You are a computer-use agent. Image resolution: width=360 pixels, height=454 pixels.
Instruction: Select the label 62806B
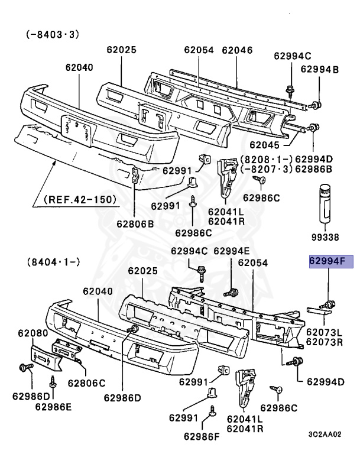(x=135, y=223)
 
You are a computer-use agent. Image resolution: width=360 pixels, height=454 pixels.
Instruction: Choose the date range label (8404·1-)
(x=52, y=260)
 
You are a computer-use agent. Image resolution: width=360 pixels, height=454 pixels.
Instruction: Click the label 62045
(x=267, y=144)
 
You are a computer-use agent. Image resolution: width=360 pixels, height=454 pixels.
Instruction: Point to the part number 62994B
(x=319, y=70)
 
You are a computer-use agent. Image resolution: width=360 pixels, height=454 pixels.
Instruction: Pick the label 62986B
(x=314, y=169)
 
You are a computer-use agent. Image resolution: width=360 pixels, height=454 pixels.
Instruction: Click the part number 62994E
(x=232, y=251)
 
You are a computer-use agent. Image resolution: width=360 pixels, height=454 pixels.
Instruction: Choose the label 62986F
(x=201, y=437)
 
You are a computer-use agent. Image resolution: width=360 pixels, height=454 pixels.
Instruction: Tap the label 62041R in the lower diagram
(x=243, y=427)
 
